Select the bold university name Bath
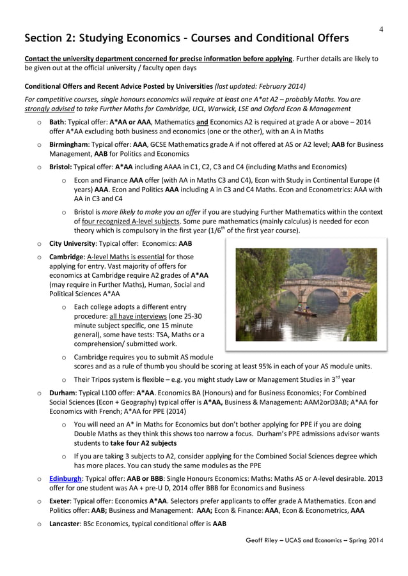point(57,121)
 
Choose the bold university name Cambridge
point(68,257)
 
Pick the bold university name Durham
point(63,395)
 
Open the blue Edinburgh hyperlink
point(67,478)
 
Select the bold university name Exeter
point(61,501)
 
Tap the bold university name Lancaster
point(67,524)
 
